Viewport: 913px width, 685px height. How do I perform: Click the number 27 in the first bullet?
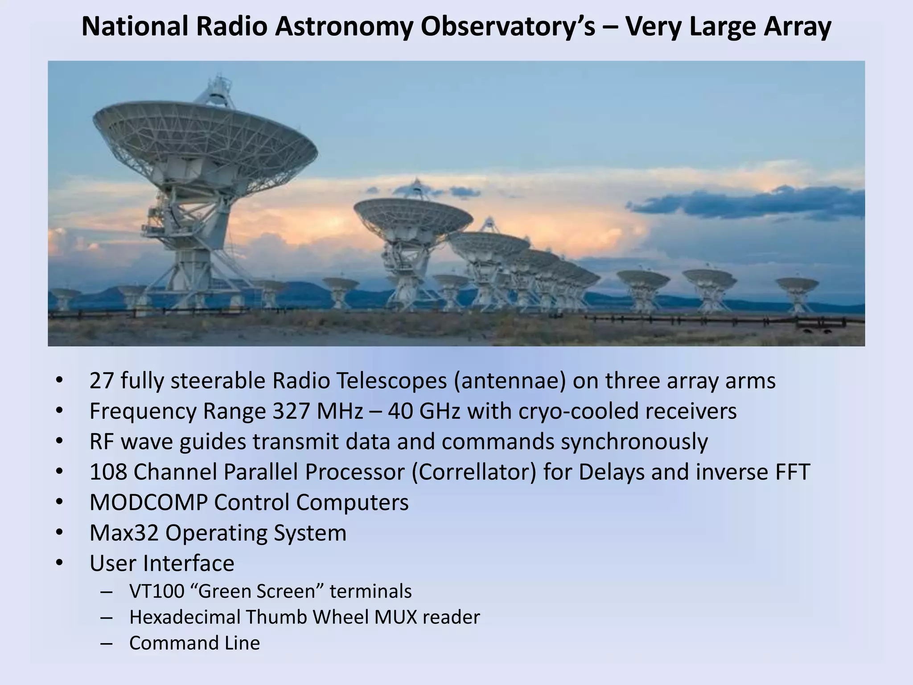[101, 381]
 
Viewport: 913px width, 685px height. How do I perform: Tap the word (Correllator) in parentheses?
[474, 472]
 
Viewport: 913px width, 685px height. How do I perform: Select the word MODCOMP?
[148, 502]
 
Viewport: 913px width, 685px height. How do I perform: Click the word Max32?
[124, 532]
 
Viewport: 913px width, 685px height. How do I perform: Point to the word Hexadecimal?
[185, 617]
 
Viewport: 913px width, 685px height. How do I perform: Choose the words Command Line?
[194, 643]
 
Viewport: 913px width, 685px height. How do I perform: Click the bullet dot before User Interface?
[60, 563]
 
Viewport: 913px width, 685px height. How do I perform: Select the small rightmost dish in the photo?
[797, 285]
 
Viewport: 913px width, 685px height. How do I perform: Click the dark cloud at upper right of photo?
[749, 203]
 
